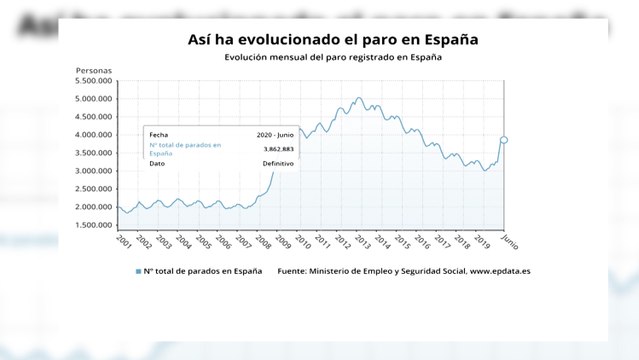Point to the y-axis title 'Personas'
pos(94,70)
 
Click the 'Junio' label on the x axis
pos(508,241)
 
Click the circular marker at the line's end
pos(504,140)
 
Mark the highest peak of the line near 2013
pos(359,98)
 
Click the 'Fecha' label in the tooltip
pos(159,133)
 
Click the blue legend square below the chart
pos(138,271)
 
